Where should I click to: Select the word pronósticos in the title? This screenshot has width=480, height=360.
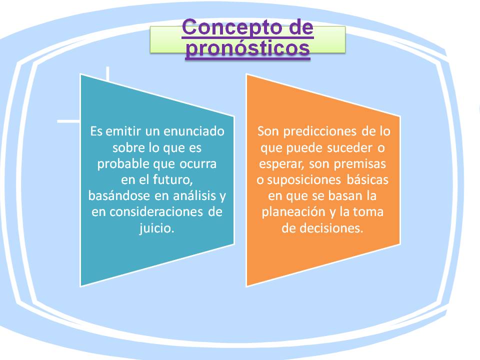[x=247, y=48]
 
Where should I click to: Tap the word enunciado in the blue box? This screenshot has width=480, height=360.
[x=194, y=131]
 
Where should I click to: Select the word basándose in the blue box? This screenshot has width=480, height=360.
[x=119, y=195]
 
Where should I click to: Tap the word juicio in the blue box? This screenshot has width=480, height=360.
[x=156, y=228]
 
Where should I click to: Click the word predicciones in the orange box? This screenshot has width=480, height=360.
[x=320, y=131]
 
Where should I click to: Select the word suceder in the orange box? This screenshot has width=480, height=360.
[x=350, y=148]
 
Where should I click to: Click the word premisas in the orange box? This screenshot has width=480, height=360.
[x=359, y=164]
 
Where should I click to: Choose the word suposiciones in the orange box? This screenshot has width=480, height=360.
[x=304, y=180]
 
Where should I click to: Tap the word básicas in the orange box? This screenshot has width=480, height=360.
[x=367, y=179]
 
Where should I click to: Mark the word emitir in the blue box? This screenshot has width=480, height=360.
[x=123, y=131]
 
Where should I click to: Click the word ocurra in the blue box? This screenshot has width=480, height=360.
[x=198, y=164]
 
